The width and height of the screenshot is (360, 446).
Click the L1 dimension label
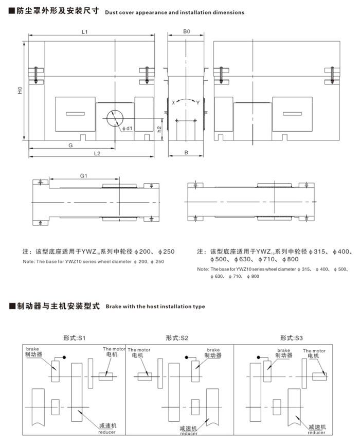pyautogui.click(x=84, y=32)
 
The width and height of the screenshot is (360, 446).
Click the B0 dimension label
pyautogui.click(x=187, y=31)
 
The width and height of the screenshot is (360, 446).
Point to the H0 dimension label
pyautogui.click(x=20, y=91)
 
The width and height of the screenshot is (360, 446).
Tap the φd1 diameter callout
pyautogui.click(x=128, y=129)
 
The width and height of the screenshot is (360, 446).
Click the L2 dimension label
pyautogui.click(x=97, y=153)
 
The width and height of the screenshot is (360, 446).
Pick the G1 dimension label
pyautogui.click(x=84, y=176)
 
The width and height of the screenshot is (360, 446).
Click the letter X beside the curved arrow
pyautogui.click(x=173, y=102)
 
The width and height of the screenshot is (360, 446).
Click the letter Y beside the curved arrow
pyautogui.click(x=198, y=103)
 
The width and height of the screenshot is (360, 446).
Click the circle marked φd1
pyautogui.click(x=115, y=118)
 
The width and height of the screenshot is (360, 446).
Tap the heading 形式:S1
pyautogui.click(x=74, y=338)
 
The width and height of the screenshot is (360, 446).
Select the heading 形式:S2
pyautogui.click(x=177, y=338)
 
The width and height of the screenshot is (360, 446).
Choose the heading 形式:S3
pyautogui.click(x=292, y=338)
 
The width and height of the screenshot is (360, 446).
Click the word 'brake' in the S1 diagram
pyautogui.click(x=32, y=349)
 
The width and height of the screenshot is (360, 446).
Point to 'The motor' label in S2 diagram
pyautogui.click(x=139, y=350)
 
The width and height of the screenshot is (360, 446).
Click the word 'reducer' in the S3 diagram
pyautogui.click(x=316, y=433)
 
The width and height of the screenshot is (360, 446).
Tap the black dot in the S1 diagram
pyautogui.click(x=64, y=357)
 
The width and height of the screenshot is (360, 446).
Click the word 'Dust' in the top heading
pyautogui.click(x=111, y=12)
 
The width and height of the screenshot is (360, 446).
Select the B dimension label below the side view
pyautogui.click(x=186, y=153)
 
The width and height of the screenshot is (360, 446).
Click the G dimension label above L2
pyautogui.click(x=70, y=146)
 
